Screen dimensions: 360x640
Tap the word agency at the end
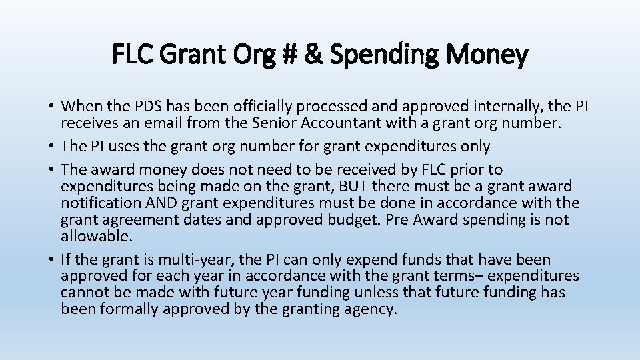[x=370, y=309]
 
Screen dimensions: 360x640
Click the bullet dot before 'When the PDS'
[x=51, y=107]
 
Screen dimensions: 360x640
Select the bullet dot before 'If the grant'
[x=51, y=260]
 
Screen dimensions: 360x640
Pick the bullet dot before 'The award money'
[x=51, y=171]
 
